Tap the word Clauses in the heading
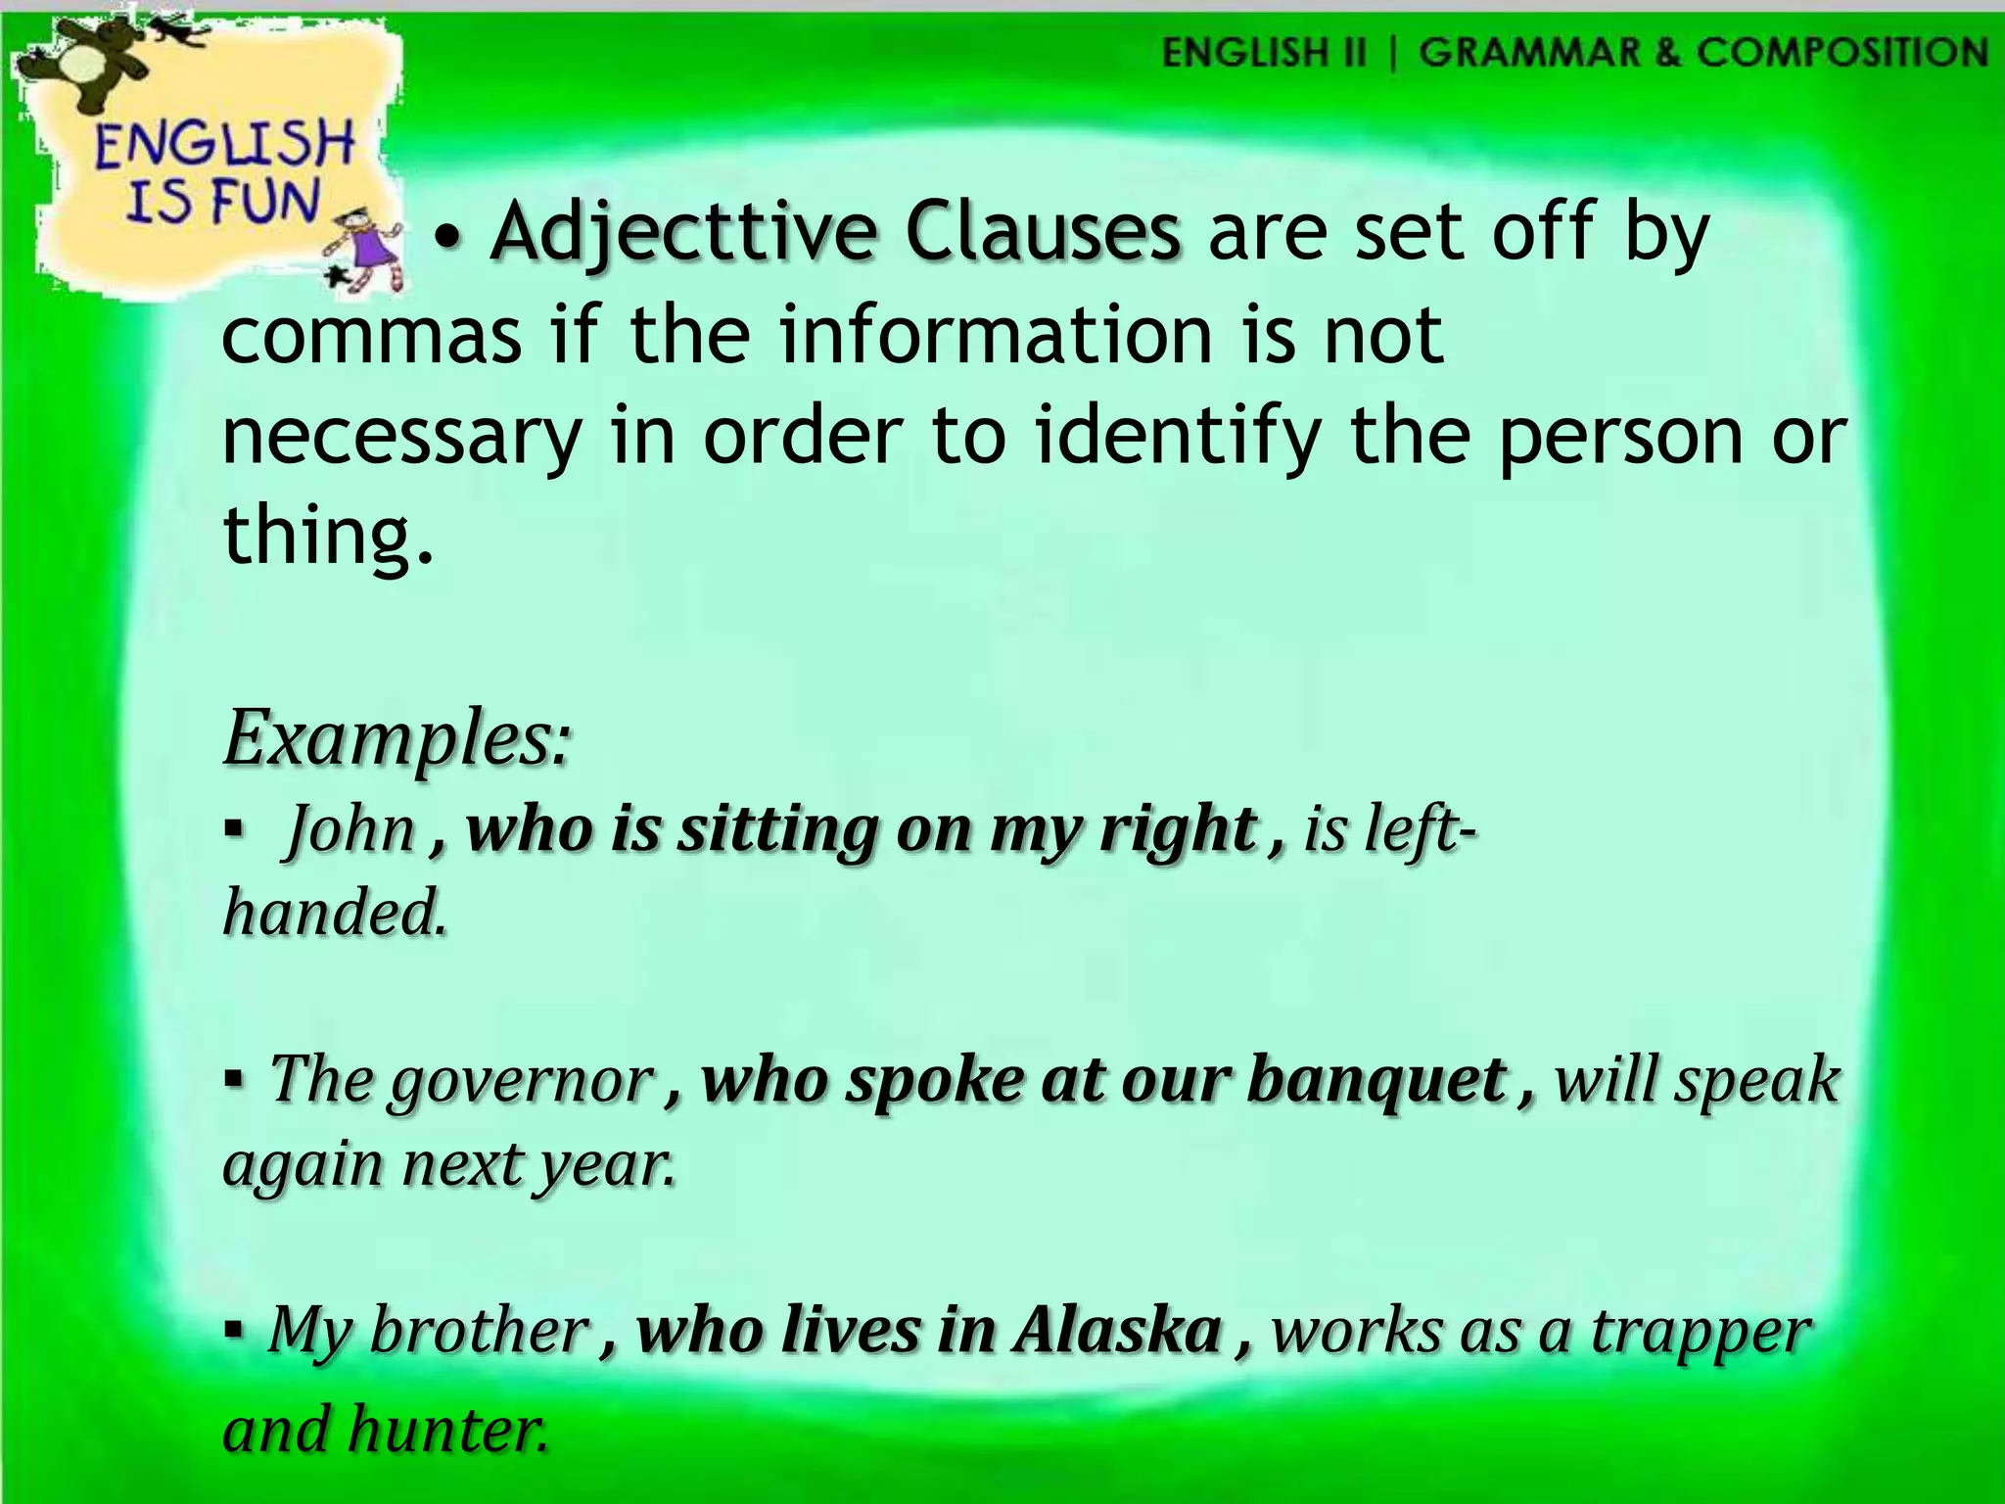coord(1042,232)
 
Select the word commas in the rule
coord(371,335)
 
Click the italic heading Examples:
coord(396,738)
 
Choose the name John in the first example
coord(350,829)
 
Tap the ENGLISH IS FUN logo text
coord(223,172)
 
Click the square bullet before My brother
coord(233,1331)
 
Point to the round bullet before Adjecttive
coord(448,238)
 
